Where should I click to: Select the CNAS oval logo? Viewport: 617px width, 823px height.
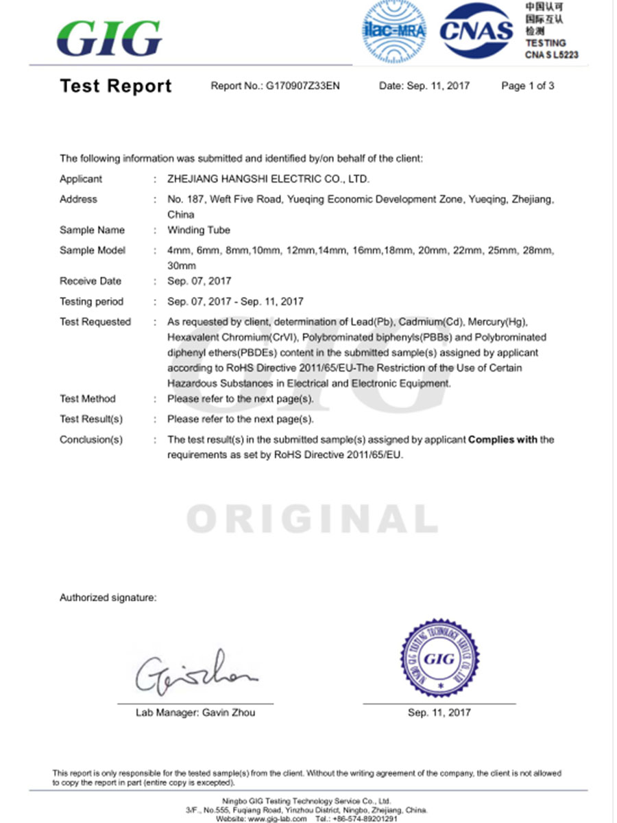[476, 30]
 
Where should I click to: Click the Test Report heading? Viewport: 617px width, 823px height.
[116, 86]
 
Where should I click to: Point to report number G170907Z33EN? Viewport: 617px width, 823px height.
[302, 86]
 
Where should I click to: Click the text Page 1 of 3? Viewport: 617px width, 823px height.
[527, 86]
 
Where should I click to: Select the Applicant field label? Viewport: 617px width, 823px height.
[81, 179]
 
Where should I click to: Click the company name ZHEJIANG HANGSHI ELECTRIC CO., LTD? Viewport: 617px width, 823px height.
[268, 179]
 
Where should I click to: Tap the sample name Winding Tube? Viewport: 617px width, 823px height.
[199, 230]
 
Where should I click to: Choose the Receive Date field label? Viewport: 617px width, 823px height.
[90, 281]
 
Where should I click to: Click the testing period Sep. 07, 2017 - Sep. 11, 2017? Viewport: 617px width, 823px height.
[235, 301]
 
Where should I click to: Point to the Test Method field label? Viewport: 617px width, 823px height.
[88, 398]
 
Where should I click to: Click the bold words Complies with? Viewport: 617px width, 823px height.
[503, 440]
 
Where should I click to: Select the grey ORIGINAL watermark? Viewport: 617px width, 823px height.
[312, 519]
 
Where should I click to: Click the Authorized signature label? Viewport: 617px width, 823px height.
[108, 598]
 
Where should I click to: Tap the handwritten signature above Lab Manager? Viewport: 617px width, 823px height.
[195, 671]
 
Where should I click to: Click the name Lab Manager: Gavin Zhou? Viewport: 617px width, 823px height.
[195, 713]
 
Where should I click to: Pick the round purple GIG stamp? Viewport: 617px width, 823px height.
[439, 658]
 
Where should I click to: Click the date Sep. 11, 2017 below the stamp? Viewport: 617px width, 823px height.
[439, 713]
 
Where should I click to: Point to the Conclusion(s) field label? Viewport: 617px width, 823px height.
[91, 440]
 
